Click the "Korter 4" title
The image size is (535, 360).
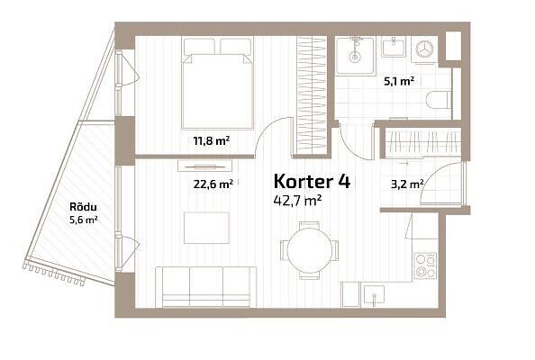click(312, 182)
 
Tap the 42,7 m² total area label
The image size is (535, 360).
click(297, 201)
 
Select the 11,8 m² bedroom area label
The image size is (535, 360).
click(212, 140)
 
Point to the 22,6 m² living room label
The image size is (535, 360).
click(213, 184)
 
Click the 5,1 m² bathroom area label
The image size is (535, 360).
click(399, 82)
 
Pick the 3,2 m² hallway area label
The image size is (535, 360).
click(407, 184)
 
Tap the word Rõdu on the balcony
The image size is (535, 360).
click(83, 207)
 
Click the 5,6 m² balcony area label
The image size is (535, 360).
click(84, 220)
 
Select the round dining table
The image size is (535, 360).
click(310, 250)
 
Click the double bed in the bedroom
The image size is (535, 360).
click(217, 84)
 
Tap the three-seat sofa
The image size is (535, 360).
click(205, 287)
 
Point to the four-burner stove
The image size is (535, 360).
click(426, 265)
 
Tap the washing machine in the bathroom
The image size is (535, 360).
click(424, 49)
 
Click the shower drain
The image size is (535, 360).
click(355, 57)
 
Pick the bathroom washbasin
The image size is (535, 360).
click(394, 47)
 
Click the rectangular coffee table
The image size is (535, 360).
click(206, 228)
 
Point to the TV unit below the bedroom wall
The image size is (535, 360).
click(205, 166)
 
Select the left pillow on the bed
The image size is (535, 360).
click(199, 47)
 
